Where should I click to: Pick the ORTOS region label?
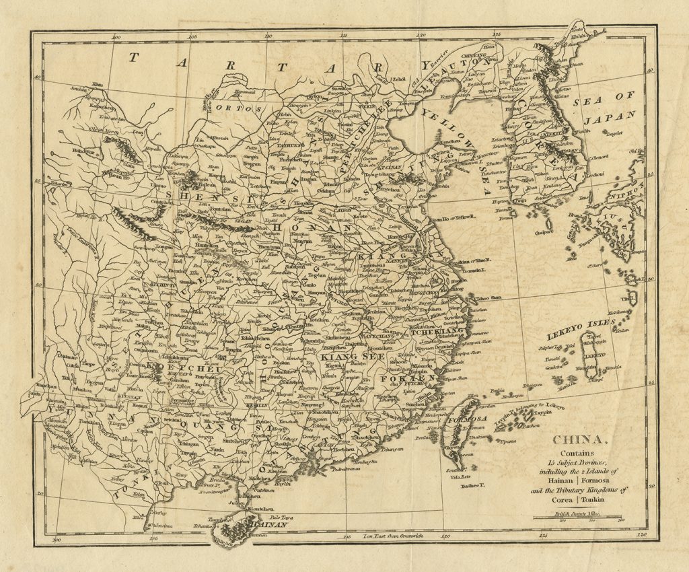238,108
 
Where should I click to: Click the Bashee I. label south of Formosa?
473,485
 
